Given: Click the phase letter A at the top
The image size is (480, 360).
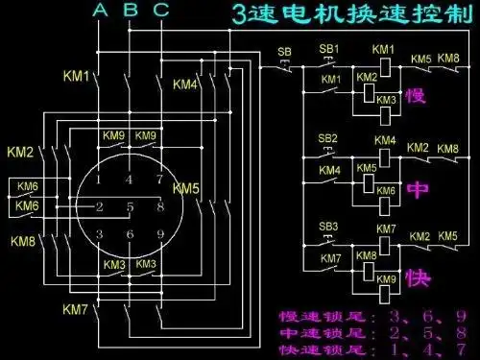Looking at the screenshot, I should pos(101,12).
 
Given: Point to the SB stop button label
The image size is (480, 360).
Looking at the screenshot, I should pos(284,51).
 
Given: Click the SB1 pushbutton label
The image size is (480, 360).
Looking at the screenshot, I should pos(329,48).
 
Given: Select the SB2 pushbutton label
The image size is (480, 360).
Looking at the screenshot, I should pos(328,138).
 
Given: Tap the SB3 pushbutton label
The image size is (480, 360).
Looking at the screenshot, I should pos(329,227).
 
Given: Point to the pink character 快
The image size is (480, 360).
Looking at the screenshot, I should pos(416,277).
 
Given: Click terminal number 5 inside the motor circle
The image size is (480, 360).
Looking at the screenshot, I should pos(129,206).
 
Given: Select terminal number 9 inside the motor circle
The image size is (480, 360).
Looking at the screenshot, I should pos(159,234).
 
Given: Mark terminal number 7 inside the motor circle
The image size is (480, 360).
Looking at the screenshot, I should pos(159,180).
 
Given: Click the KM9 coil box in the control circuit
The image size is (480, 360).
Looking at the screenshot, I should pos(385,279).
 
